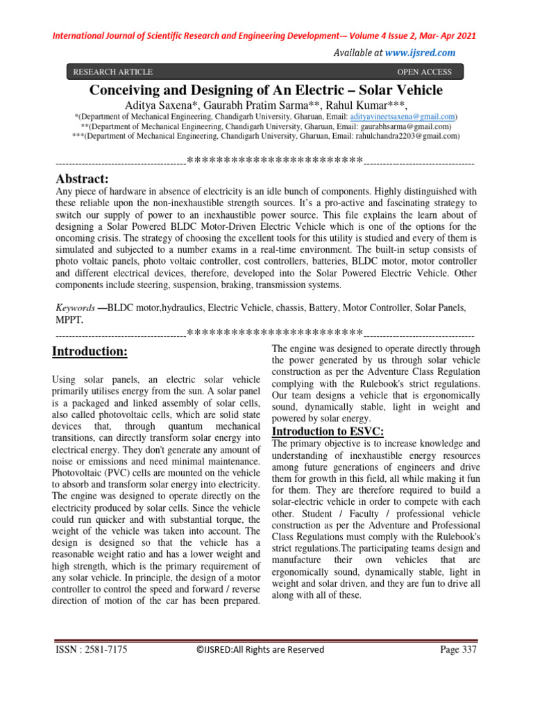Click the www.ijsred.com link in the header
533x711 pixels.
click(420, 53)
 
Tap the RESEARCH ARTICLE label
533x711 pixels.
click(112, 72)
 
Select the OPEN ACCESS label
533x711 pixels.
click(423, 72)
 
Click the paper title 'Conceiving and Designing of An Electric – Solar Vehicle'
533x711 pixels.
click(266, 90)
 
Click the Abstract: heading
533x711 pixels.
click(81, 179)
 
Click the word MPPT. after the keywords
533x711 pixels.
click(68, 320)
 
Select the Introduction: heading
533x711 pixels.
click(90, 352)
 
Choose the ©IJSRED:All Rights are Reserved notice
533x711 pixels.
click(260, 650)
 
